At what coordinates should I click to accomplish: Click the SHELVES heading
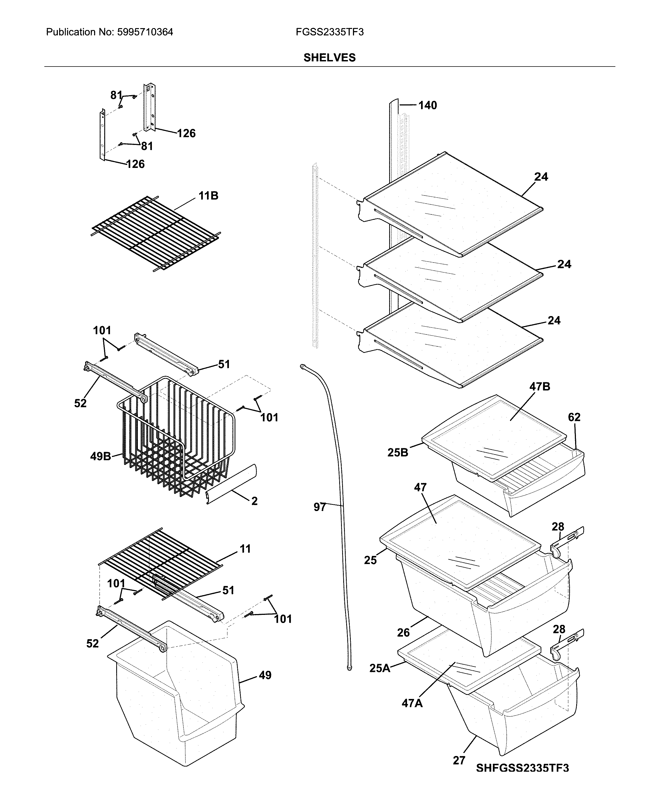[329, 58]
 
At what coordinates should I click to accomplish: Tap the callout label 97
[320, 507]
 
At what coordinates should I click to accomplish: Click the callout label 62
[574, 417]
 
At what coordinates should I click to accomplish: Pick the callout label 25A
[380, 679]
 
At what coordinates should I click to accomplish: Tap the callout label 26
[403, 632]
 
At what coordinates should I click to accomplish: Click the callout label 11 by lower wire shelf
[245, 549]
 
